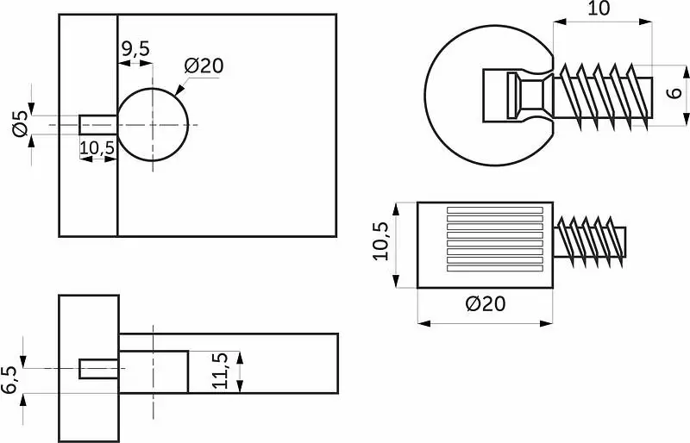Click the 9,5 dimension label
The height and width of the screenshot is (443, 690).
135,49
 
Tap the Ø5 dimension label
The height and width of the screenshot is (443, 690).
20,123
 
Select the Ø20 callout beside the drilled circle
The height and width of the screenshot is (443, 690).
204,66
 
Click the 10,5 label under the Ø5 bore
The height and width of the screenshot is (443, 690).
97,148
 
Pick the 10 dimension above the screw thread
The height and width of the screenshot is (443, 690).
599,9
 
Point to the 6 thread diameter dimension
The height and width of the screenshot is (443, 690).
674,93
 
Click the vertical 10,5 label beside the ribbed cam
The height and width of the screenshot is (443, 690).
380,241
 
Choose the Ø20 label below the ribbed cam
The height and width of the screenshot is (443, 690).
486,303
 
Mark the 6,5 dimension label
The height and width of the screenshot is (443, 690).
9,379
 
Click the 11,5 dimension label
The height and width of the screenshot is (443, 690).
220,371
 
